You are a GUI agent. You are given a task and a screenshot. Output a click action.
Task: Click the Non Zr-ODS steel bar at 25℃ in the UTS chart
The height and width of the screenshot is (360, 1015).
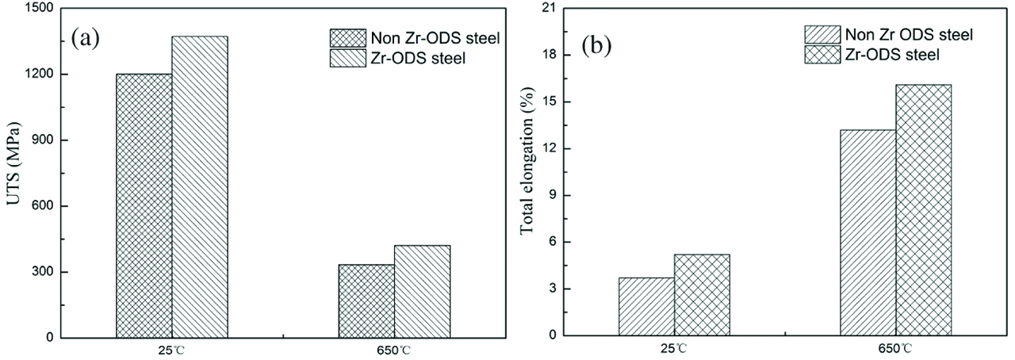[144, 205]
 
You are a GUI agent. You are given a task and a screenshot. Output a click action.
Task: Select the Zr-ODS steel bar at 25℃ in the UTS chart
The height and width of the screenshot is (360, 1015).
[200, 186]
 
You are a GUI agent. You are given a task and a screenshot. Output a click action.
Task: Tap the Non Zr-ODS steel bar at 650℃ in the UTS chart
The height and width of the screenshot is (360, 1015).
[366, 301]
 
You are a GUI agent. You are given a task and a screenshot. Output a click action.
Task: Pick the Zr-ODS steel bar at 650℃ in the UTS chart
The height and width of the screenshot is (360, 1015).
[422, 291]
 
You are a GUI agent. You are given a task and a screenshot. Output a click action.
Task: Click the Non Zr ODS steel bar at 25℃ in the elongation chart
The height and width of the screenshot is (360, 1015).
[646, 306]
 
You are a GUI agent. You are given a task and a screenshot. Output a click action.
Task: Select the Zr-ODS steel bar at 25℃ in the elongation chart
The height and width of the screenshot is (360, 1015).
[702, 294]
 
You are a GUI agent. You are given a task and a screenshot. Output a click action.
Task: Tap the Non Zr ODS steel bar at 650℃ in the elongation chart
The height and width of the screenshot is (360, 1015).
[868, 232]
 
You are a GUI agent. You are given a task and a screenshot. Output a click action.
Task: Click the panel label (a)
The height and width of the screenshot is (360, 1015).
[85, 38]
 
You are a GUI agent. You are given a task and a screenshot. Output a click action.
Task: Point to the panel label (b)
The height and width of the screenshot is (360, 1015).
[597, 45]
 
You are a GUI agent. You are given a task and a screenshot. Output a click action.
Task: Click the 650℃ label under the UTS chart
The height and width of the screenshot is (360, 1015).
[393, 349]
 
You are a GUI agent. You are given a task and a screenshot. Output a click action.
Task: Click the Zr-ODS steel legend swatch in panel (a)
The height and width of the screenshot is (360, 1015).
[346, 58]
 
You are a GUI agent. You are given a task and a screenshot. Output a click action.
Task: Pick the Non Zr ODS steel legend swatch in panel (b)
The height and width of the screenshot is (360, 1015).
[821, 34]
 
